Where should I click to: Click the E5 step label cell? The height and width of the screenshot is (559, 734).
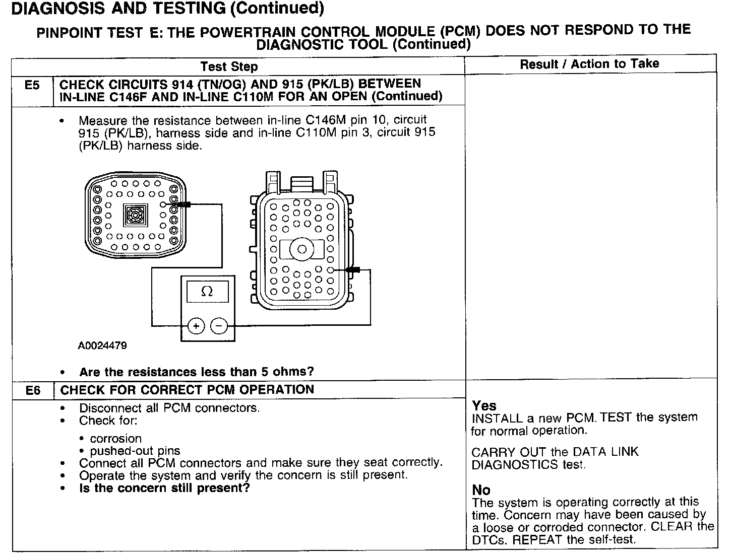tap(32, 85)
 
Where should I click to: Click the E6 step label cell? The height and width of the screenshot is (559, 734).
tap(33, 390)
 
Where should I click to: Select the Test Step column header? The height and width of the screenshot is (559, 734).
tap(229, 66)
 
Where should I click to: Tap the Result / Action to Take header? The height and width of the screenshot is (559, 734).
tap(589, 64)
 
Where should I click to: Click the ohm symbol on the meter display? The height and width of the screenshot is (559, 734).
tap(207, 291)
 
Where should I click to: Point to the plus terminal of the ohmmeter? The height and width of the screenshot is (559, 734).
tap(196, 326)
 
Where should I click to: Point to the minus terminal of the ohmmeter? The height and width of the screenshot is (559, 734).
tap(219, 326)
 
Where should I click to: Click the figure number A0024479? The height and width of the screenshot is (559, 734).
tap(102, 346)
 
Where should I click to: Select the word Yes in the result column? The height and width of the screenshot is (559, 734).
tap(484, 406)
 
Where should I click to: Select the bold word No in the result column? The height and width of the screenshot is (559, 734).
tap(481, 490)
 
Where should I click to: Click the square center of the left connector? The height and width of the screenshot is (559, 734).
tap(135, 216)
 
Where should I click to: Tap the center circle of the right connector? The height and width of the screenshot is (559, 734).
tap(302, 249)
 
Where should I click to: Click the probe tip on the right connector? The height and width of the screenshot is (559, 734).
tap(352, 270)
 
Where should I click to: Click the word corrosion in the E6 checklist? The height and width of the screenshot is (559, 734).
tap(115, 439)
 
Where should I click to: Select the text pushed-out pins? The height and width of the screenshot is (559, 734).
tap(135, 451)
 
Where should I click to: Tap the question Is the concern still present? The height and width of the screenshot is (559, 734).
tap(164, 488)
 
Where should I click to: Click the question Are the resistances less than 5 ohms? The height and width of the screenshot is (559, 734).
tap(196, 372)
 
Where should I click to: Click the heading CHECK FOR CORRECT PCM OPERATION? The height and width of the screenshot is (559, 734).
tap(187, 390)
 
